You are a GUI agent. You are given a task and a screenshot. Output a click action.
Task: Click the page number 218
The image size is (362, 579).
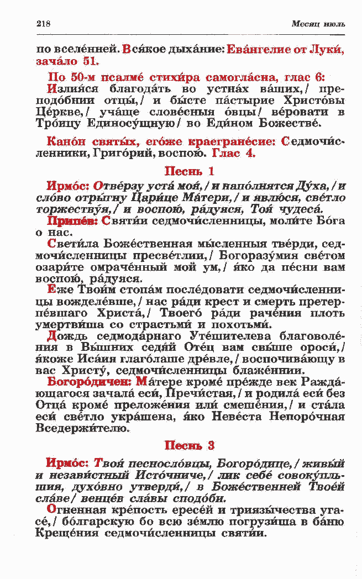point(43,24)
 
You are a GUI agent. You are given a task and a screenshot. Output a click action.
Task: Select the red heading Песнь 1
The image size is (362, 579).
point(190,172)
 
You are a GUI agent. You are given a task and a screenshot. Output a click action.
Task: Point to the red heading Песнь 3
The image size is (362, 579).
point(190,445)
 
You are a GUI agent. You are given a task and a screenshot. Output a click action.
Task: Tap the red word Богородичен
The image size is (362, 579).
point(90,381)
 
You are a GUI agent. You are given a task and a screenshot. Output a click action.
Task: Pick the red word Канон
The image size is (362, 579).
point(65,142)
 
